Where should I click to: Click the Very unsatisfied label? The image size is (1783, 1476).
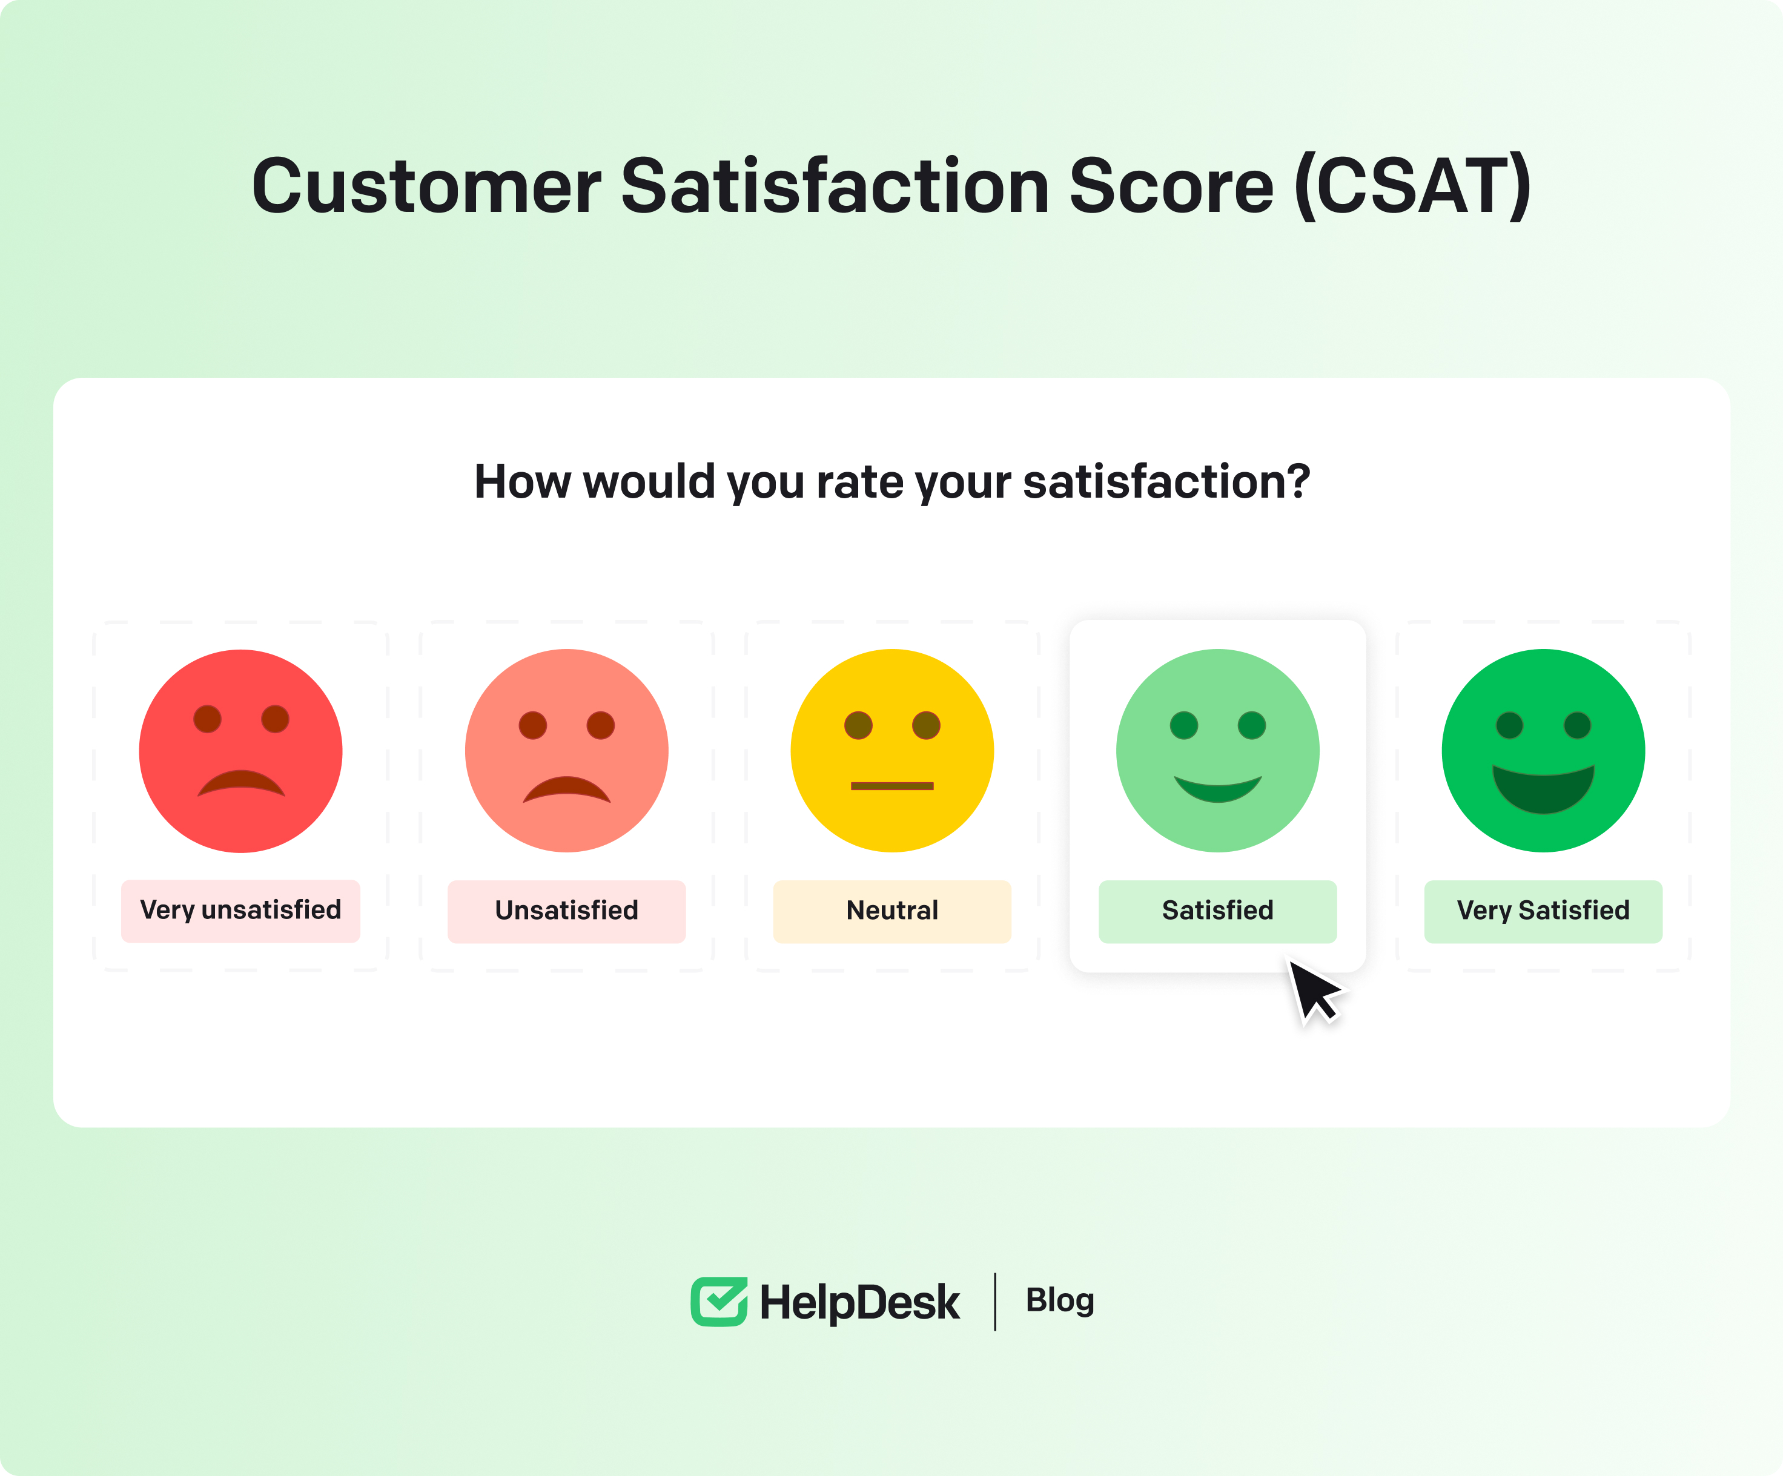(240, 911)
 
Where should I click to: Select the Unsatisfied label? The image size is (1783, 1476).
(566, 911)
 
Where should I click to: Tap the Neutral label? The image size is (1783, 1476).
(892, 911)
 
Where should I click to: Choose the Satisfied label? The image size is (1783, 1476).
(1217, 911)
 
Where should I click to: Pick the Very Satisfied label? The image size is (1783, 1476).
(1544, 911)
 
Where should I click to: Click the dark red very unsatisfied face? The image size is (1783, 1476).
(241, 751)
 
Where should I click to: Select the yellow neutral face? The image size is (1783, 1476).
(892, 751)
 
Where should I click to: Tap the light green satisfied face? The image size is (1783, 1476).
(1217, 751)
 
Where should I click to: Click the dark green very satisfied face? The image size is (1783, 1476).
(1544, 751)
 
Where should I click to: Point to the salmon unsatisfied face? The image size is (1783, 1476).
(566, 751)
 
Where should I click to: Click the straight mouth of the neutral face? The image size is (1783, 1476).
(892, 786)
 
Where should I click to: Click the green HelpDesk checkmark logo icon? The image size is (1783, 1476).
(719, 1301)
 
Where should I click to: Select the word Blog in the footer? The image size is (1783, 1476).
(1060, 1301)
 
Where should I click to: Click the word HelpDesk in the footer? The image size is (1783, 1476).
(859, 1303)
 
